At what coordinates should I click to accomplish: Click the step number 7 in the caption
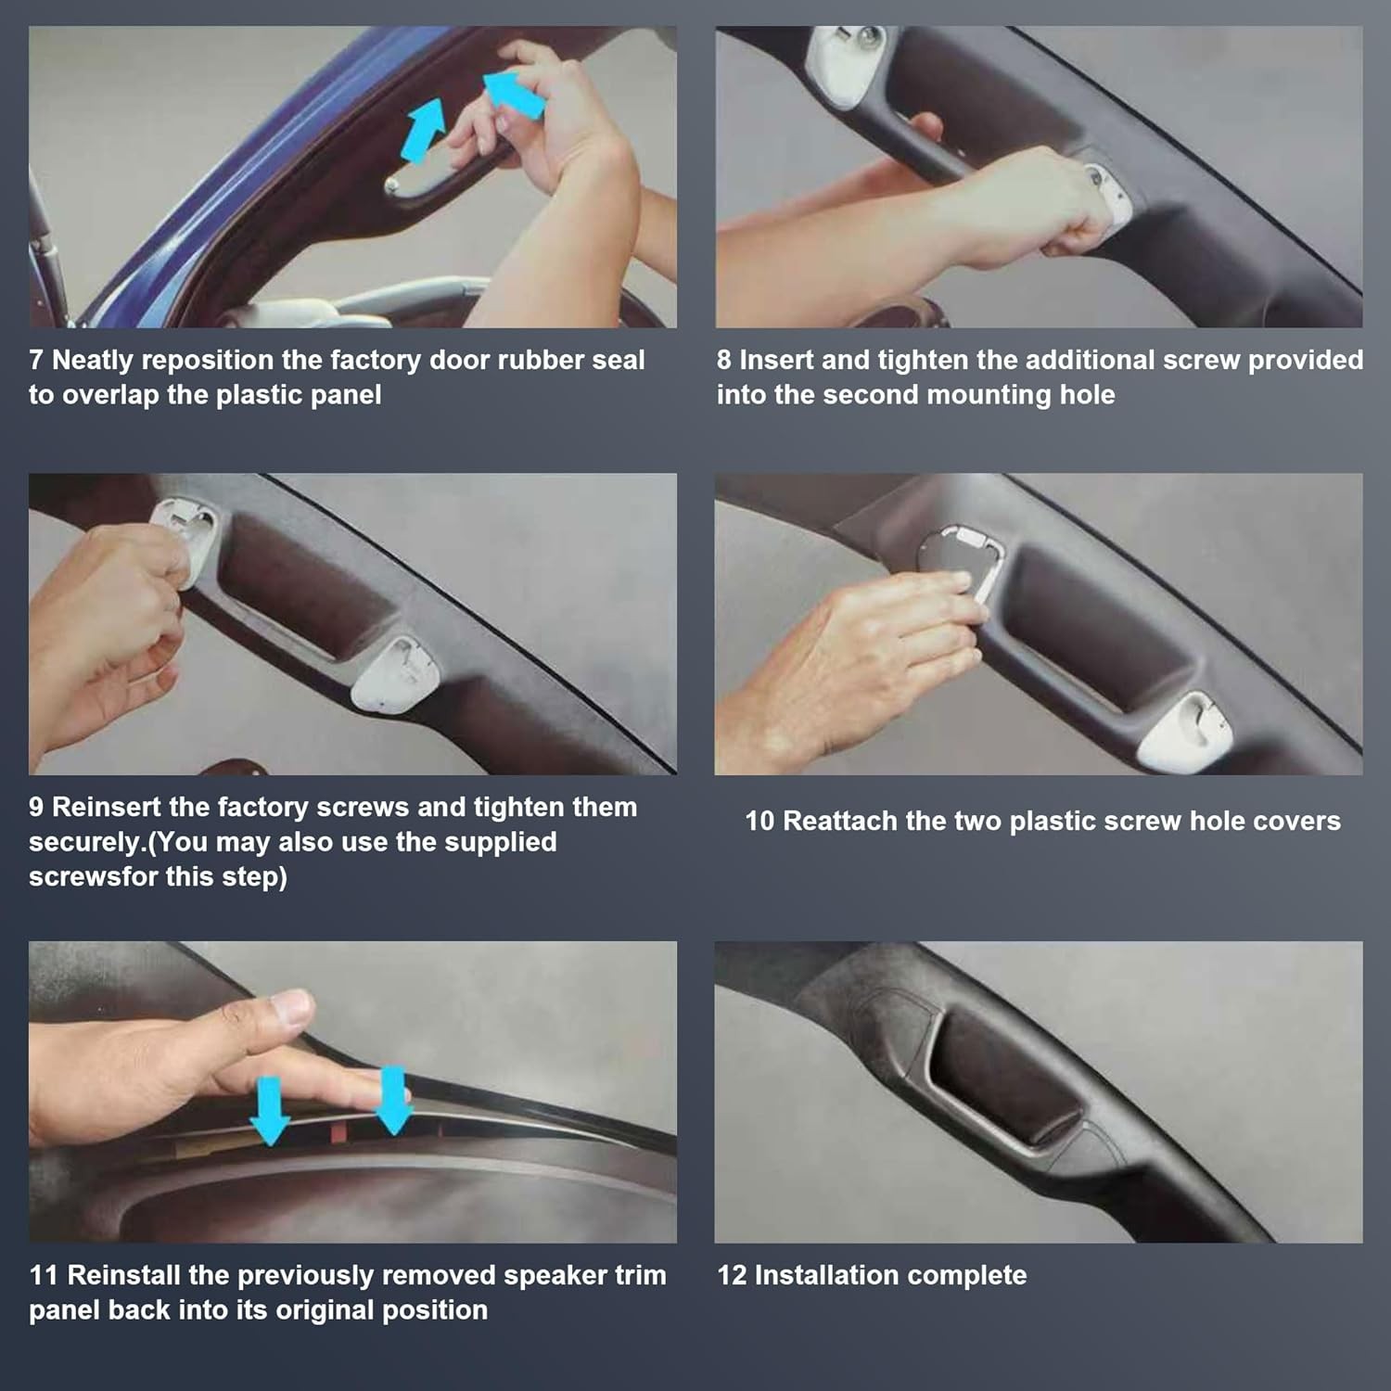[35, 360]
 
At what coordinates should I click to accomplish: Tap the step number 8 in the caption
[723, 360]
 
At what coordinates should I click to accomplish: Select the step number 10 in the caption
[759, 821]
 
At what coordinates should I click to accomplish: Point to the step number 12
[732, 1275]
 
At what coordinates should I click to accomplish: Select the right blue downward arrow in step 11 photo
[393, 1100]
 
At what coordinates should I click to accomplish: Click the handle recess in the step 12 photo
[1006, 1076]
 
